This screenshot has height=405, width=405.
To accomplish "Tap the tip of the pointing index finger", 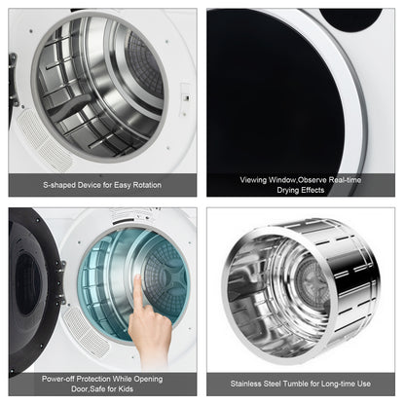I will tap(138, 279).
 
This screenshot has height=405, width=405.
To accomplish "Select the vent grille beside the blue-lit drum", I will tap(129, 216).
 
